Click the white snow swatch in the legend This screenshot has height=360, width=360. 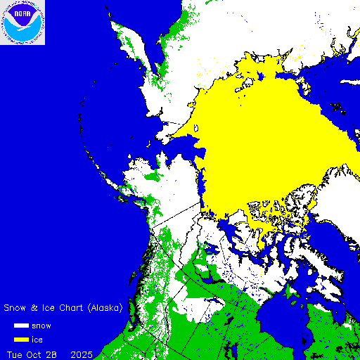20,326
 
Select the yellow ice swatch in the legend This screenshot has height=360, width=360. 20,340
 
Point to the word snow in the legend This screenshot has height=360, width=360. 41,326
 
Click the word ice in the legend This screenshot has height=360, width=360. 37,340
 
